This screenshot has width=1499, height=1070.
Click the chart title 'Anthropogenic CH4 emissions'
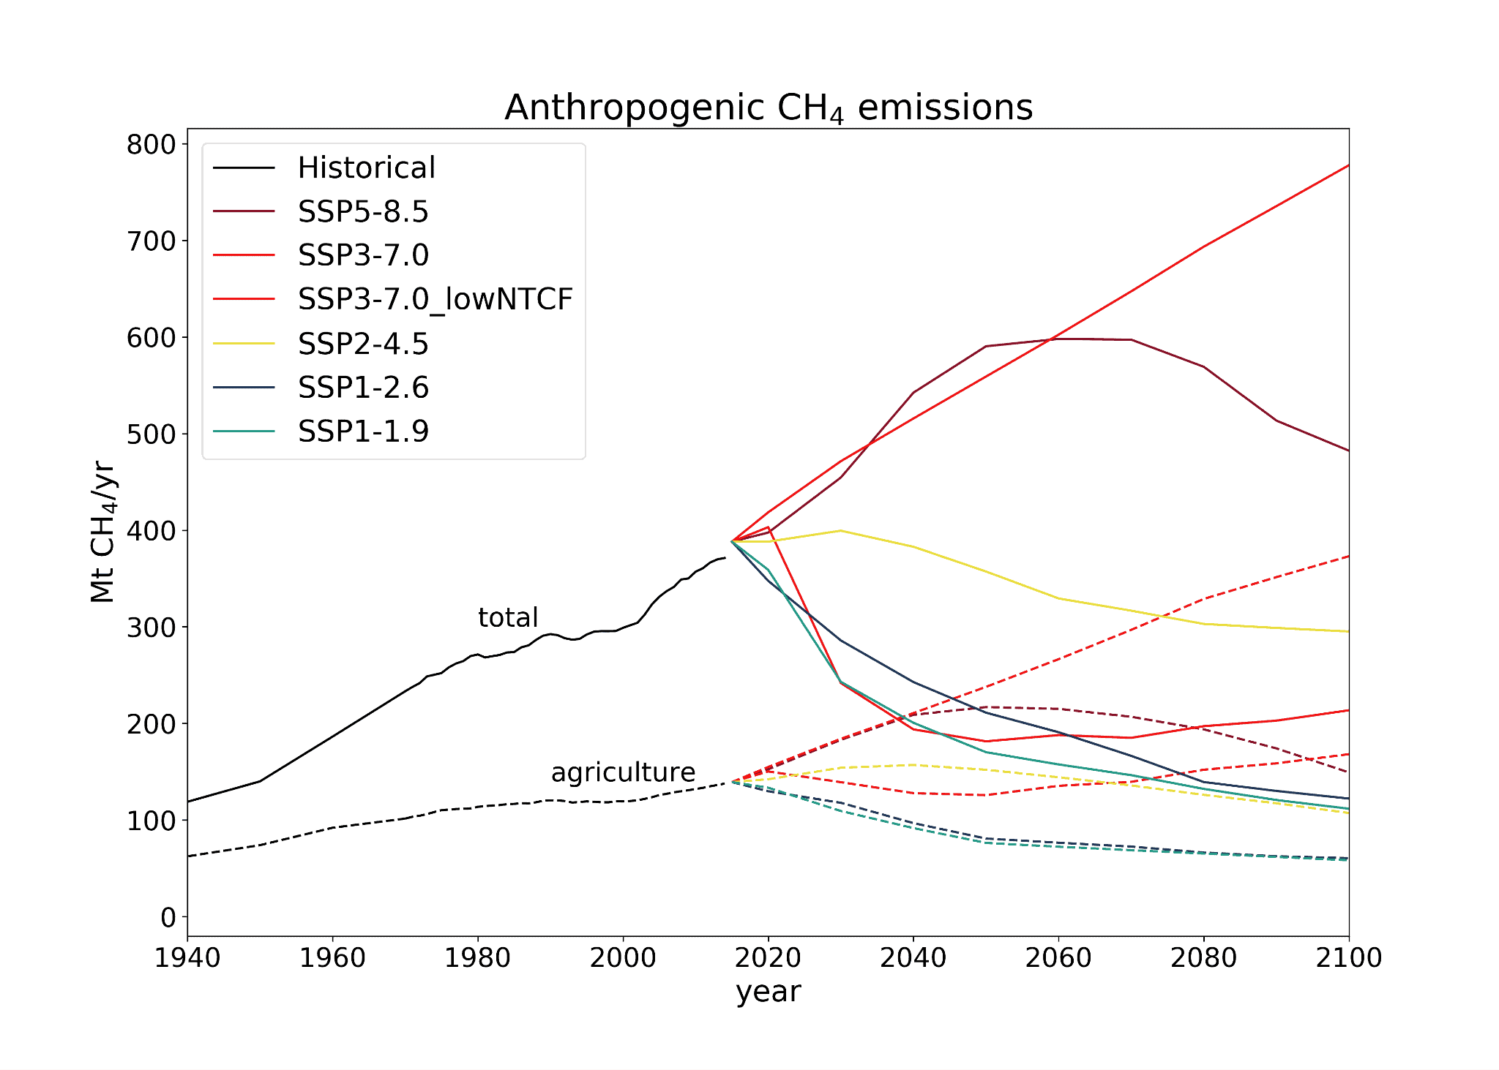(769, 108)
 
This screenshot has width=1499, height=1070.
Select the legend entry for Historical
(366, 168)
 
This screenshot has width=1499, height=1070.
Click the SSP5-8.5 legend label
(363, 212)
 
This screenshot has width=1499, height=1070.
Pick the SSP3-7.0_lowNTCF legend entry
(435, 299)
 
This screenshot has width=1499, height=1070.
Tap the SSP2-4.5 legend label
(363, 344)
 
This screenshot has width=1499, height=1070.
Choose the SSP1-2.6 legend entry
(363, 388)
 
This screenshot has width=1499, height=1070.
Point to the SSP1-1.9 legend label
(363, 432)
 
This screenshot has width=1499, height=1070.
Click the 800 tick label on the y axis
(152, 145)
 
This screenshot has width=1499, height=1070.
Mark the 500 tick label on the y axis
(152, 434)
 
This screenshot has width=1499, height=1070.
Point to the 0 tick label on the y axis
(168, 917)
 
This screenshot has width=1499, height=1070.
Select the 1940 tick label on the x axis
(187, 958)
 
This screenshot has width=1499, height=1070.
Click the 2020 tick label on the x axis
(768, 958)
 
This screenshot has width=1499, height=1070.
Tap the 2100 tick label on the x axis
(1348, 958)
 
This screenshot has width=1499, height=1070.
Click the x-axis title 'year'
(769, 992)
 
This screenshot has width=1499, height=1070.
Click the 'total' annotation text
(508, 618)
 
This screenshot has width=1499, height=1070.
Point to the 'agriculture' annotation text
(623, 772)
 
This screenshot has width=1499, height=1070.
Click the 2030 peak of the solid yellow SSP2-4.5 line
(840, 530)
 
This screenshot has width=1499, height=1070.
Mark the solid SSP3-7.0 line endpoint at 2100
(1348, 166)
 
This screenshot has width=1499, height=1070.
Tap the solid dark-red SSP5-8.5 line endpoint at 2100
(1348, 451)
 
